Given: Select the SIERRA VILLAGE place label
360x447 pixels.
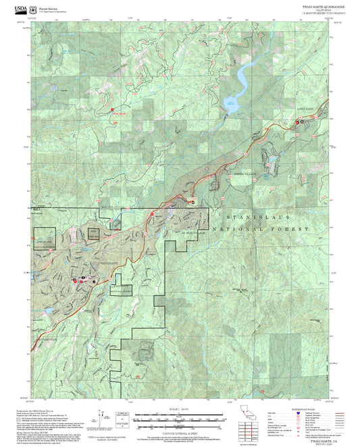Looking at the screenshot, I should point(247,174).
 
